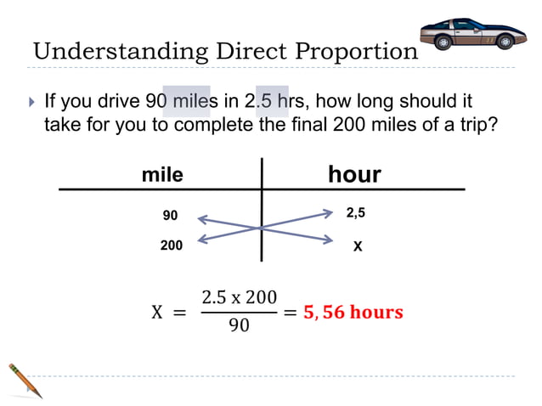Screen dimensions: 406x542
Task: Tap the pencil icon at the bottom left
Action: click(x=25, y=381)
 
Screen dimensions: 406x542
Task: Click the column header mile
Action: click(x=161, y=175)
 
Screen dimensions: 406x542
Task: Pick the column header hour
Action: click(x=354, y=175)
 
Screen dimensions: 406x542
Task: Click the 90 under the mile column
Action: click(x=170, y=216)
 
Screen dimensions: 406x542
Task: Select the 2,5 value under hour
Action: click(x=357, y=212)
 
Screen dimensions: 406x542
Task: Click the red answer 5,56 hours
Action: click(x=353, y=312)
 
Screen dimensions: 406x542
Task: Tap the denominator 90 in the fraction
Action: click(x=239, y=326)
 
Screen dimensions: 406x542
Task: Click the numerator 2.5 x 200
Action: click(x=239, y=298)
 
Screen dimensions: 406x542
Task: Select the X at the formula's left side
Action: click(x=156, y=313)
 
